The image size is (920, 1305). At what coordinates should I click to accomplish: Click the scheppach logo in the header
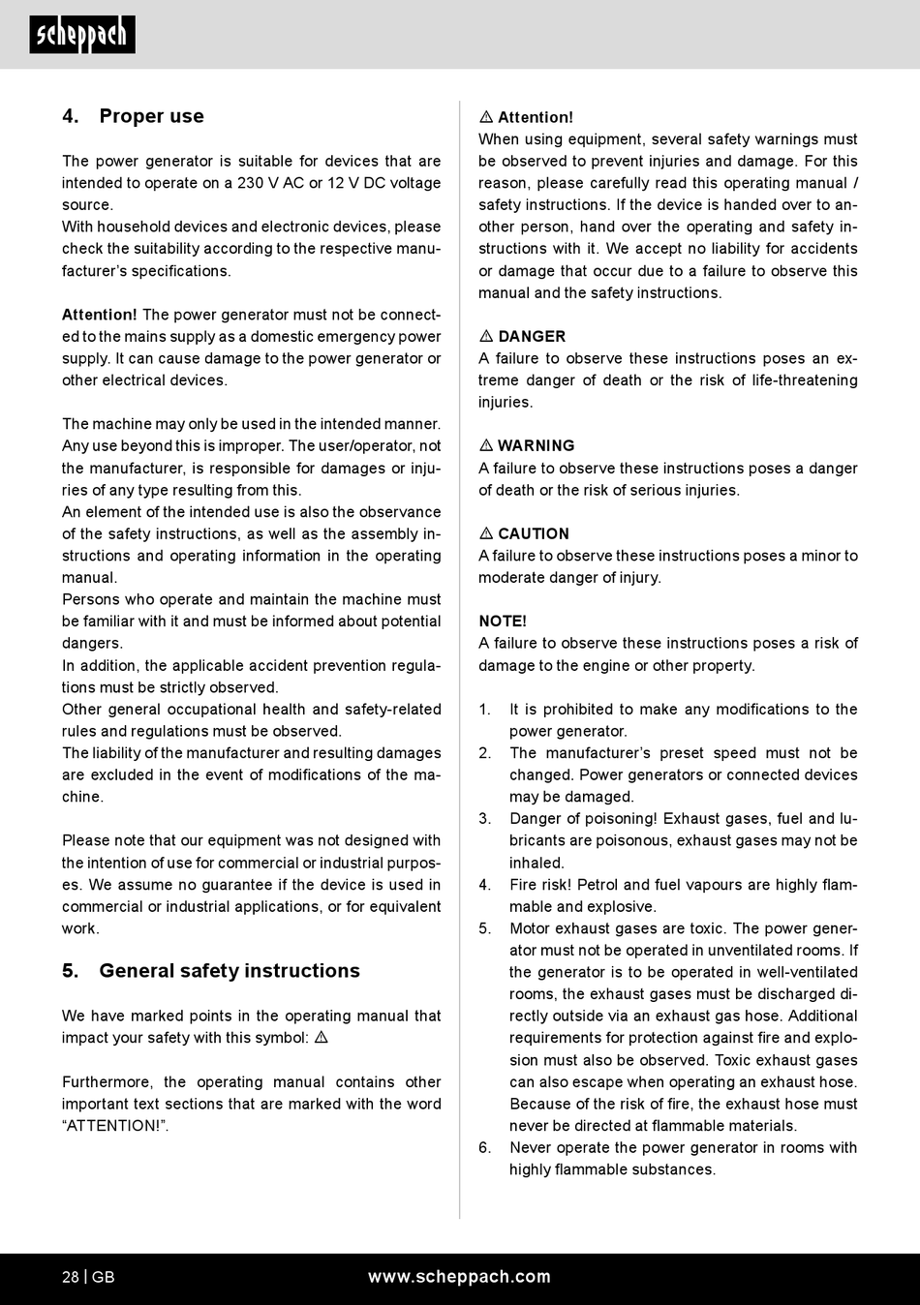click(x=82, y=36)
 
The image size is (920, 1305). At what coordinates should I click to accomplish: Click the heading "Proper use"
click(x=151, y=116)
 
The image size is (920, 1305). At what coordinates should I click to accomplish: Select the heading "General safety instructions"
click(x=230, y=971)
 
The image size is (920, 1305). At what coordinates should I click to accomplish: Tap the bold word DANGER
click(x=532, y=337)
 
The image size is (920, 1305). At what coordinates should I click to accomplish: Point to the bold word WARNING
click(x=536, y=446)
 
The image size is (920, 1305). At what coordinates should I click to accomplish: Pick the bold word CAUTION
click(x=534, y=534)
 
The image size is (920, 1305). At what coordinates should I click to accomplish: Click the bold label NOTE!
click(x=503, y=622)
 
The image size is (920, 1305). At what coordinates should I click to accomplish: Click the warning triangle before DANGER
click(x=486, y=337)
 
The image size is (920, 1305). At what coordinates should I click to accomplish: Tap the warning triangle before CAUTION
click(x=486, y=534)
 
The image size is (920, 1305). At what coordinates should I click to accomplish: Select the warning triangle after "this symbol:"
click(x=322, y=1038)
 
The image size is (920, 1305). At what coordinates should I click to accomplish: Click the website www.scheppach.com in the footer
click(x=459, y=1277)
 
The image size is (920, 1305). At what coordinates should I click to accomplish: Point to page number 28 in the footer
click(x=71, y=1277)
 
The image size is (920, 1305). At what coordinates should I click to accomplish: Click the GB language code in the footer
click(x=104, y=1277)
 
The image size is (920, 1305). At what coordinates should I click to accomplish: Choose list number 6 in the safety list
click(x=484, y=1148)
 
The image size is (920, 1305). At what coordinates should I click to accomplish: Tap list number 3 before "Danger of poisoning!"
click(x=484, y=819)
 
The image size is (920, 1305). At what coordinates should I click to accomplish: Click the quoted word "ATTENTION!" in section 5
click(x=115, y=1126)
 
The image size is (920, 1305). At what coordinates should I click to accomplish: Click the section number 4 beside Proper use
click(x=70, y=116)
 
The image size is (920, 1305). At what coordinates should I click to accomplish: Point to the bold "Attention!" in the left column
click(x=100, y=315)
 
